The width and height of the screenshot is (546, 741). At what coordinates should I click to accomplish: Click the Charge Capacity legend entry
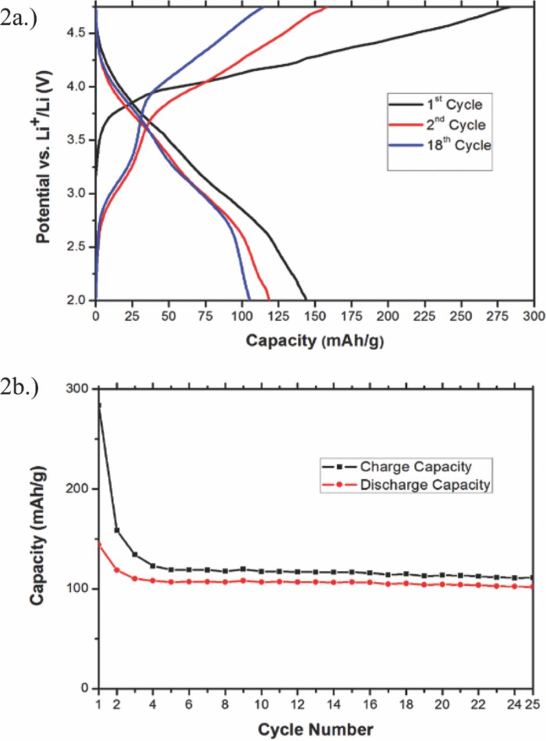406,467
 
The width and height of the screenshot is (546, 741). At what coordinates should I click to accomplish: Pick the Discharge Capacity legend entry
406,485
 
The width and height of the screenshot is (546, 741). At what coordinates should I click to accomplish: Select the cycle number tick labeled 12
297,707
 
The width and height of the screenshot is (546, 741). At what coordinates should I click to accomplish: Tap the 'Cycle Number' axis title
315,728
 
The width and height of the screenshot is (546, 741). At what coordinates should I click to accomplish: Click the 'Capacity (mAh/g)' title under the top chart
315,340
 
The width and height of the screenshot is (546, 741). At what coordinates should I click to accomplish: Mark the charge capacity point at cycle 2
117,530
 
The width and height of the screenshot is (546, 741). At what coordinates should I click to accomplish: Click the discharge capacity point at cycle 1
99,544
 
